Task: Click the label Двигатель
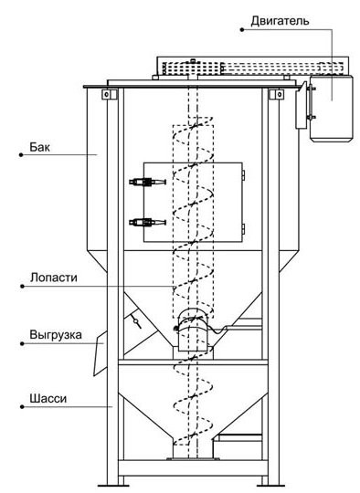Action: coord(280,21)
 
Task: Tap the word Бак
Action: coord(39,147)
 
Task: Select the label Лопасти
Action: coord(54,278)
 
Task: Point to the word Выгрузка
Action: coord(56,335)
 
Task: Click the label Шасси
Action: coord(48,399)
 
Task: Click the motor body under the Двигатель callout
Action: coord(332,109)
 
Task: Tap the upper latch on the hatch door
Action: coord(147,182)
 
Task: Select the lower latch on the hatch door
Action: coord(147,222)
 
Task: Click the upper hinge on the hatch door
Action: coord(243,175)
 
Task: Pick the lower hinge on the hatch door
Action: coord(243,228)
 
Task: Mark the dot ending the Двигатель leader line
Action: coord(242,30)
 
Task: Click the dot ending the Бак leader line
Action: coord(21,154)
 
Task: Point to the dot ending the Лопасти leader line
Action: coord(22,286)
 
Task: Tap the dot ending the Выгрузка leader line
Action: coord(22,343)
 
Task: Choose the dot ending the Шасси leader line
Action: coord(22,407)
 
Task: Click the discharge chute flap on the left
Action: coord(101,353)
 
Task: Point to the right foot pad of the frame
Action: coord(270,486)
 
